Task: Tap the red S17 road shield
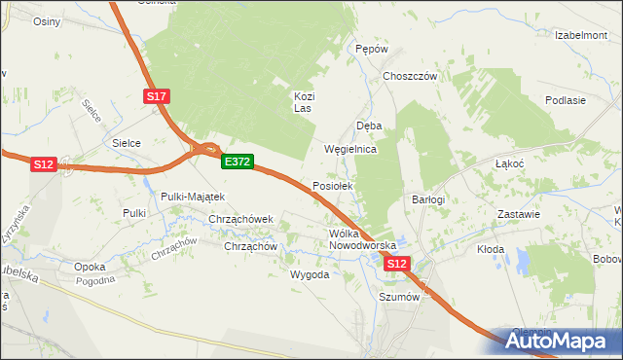(x=157, y=96)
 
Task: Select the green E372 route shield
(x=238, y=162)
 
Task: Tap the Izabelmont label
(x=581, y=34)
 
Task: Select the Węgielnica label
(x=349, y=150)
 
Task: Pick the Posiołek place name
(x=338, y=185)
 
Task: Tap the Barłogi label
(x=428, y=199)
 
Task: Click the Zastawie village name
(x=519, y=213)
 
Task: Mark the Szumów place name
(x=399, y=299)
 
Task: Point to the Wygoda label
(x=310, y=274)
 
